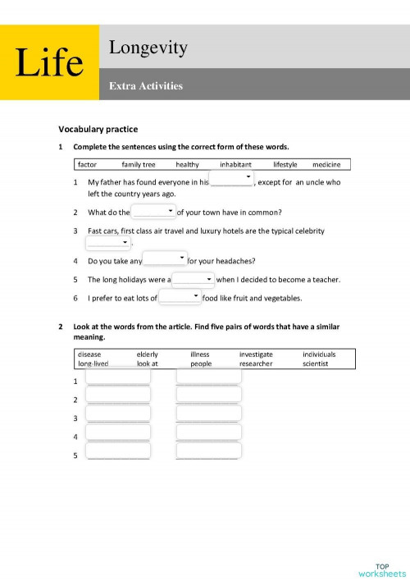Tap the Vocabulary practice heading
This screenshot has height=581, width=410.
[x=98, y=129]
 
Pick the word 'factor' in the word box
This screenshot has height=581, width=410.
[x=86, y=164]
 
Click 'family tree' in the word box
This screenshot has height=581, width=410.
[x=138, y=164]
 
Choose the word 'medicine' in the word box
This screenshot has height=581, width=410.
[x=326, y=164]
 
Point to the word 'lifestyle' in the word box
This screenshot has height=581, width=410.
[x=285, y=164]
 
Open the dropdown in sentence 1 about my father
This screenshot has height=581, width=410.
[x=232, y=181]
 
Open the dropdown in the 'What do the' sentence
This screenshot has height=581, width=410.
[x=153, y=213]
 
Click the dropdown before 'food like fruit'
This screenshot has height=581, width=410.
[x=180, y=297]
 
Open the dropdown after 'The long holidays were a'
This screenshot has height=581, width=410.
[x=194, y=280]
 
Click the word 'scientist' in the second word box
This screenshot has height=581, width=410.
[x=315, y=364]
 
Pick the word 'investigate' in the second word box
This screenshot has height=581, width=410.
[x=256, y=355]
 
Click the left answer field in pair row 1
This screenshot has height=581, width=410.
[x=118, y=376]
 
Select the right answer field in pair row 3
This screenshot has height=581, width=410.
[x=208, y=413]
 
